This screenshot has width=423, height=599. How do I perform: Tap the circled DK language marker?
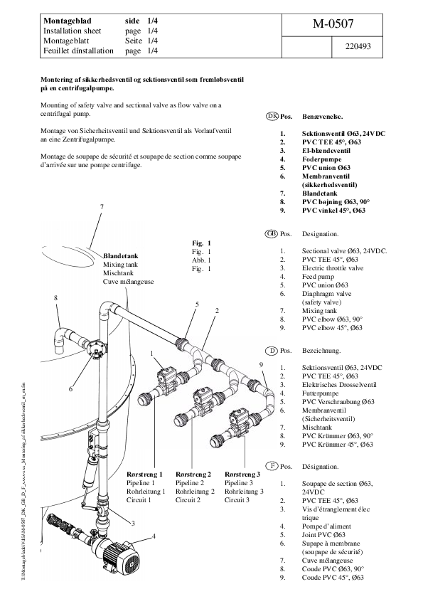click(x=271, y=115)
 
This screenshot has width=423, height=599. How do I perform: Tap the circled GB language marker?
click(x=271, y=233)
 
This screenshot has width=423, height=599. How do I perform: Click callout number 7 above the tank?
click(x=102, y=206)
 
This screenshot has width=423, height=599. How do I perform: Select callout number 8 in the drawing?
click(x=55, y=298)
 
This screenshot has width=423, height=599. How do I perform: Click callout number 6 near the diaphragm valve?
click(x=71, y=388)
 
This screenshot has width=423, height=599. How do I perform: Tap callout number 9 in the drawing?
click(x=261, y=364)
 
